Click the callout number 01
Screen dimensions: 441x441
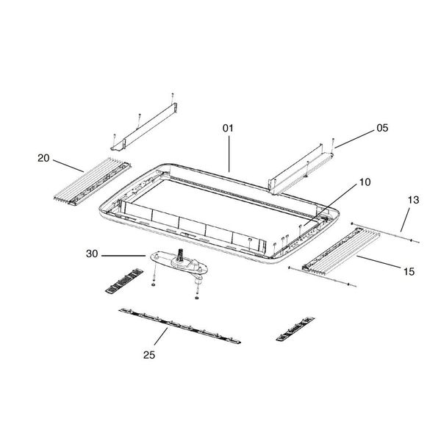tap(228, 128)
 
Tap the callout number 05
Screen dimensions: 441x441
tap(381, 127)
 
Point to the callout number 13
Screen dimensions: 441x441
tap(412, 200)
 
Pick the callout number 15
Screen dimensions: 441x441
tap(409, 271)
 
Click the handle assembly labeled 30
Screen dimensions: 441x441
tap(179, 262)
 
